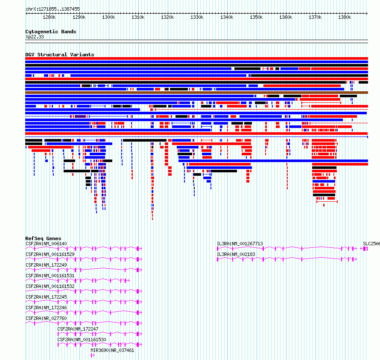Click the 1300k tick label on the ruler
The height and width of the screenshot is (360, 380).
tap(108, 17)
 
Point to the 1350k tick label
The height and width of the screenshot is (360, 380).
tap(256, 17)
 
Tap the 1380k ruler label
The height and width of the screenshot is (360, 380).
tap(345, 17)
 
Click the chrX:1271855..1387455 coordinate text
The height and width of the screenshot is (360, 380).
tap(53, 9)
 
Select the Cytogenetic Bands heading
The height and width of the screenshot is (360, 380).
tap(51, 32)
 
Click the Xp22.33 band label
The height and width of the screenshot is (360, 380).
tap(35, 37)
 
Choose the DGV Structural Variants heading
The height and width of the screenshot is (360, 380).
tap(60, 55)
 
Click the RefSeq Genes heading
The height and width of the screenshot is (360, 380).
tap(43, 238)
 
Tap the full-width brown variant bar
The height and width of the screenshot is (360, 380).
tap(196, 93)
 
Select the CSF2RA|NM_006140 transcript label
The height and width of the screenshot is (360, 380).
tap(46, 244)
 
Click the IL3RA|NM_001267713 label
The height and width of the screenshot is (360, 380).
tap(240, 244)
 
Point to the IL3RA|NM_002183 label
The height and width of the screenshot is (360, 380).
tap(236, 254)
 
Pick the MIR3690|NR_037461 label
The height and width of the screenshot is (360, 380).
tap(112, 350)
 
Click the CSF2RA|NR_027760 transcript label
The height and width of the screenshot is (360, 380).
tap(46, 318)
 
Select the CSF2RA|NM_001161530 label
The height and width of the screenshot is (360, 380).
tap(82, 340)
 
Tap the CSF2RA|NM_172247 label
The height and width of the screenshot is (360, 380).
tap(78, 329)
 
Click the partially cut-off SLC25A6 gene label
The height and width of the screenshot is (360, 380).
tap(371, 244)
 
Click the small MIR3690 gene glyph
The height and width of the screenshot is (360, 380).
tap(93, 355)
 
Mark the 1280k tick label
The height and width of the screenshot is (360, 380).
tap(49, 17)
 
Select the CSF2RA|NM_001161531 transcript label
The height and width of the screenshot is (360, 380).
tap(50, 276)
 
